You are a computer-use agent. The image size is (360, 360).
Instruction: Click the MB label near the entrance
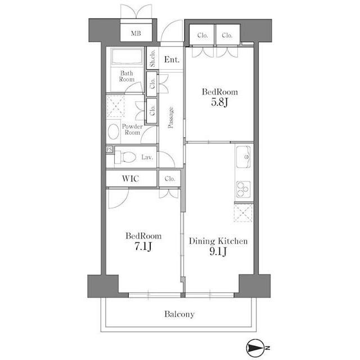(x=136, y=33)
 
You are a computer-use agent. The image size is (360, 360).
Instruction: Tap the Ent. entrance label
(x=172, y=60)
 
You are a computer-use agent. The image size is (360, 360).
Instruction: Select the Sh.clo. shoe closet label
(x=152, y=58)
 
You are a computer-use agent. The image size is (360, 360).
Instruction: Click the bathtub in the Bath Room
(x=127, y=57)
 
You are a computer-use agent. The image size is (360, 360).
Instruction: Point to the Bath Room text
(x=127, y=76)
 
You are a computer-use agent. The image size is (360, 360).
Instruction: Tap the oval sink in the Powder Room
(x=114, y=132)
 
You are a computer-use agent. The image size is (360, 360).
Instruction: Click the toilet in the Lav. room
(x=125, y=157)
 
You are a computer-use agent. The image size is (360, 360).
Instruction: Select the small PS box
(x=110, y=150)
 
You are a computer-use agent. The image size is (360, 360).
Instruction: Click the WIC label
(x=130, y=178)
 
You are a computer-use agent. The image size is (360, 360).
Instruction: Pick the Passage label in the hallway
(x=170, y=118)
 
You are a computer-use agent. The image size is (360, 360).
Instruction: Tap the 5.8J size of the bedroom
(x=220, y=102)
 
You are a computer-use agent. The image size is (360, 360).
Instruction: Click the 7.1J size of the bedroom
(x=143, y=246)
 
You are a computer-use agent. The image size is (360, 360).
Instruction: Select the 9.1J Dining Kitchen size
(x=218, y=251)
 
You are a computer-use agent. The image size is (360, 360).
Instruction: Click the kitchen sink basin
(x=244, y=157)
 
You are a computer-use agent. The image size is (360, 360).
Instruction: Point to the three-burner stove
(x=243, y=189)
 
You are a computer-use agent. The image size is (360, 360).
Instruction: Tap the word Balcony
(x=179, y=314)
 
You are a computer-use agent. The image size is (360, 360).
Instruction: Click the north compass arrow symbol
(x=254, y=348)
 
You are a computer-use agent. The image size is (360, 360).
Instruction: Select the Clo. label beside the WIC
(x=170, y=178)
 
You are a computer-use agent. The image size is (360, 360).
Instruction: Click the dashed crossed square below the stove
(x=243, y=213)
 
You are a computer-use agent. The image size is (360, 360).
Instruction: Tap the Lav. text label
(x=147, y=157)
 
